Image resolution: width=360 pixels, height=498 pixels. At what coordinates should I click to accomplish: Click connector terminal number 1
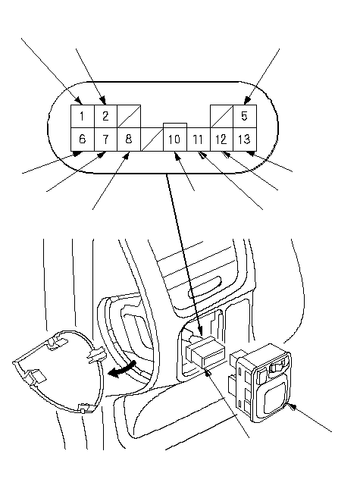coord(83,116)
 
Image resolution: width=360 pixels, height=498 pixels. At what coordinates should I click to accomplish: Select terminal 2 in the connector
coord(105,116)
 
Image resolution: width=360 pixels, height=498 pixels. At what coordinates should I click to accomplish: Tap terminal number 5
coord(245,116)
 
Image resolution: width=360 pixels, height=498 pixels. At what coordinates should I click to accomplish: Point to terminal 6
coord(83,139)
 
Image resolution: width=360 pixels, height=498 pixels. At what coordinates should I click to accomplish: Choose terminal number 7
coord(105,139)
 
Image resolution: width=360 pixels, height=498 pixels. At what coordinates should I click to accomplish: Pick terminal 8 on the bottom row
coord(129,139)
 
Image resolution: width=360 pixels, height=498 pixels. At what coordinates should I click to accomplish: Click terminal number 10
coord(175,139)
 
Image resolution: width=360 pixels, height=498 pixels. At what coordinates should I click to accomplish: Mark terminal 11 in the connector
coord(199,139)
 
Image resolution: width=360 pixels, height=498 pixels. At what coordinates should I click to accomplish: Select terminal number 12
coord(221,139)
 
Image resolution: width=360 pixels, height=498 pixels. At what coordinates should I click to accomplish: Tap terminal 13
coord(245,139)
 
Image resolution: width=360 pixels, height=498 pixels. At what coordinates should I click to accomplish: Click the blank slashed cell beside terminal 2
coord(129,116)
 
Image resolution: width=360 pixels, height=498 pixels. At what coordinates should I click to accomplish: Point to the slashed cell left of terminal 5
coord(221,116)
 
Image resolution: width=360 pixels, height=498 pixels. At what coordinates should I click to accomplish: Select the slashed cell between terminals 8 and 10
coord(152,139)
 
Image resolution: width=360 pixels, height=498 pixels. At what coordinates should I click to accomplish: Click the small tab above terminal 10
coord(175,126)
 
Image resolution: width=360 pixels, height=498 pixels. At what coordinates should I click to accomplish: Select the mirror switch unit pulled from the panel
coord(260,383)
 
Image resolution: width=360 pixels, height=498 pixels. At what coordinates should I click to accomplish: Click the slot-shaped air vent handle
coord(205,287)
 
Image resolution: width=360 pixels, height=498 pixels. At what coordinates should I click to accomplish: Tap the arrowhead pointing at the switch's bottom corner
coord(291,406)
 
